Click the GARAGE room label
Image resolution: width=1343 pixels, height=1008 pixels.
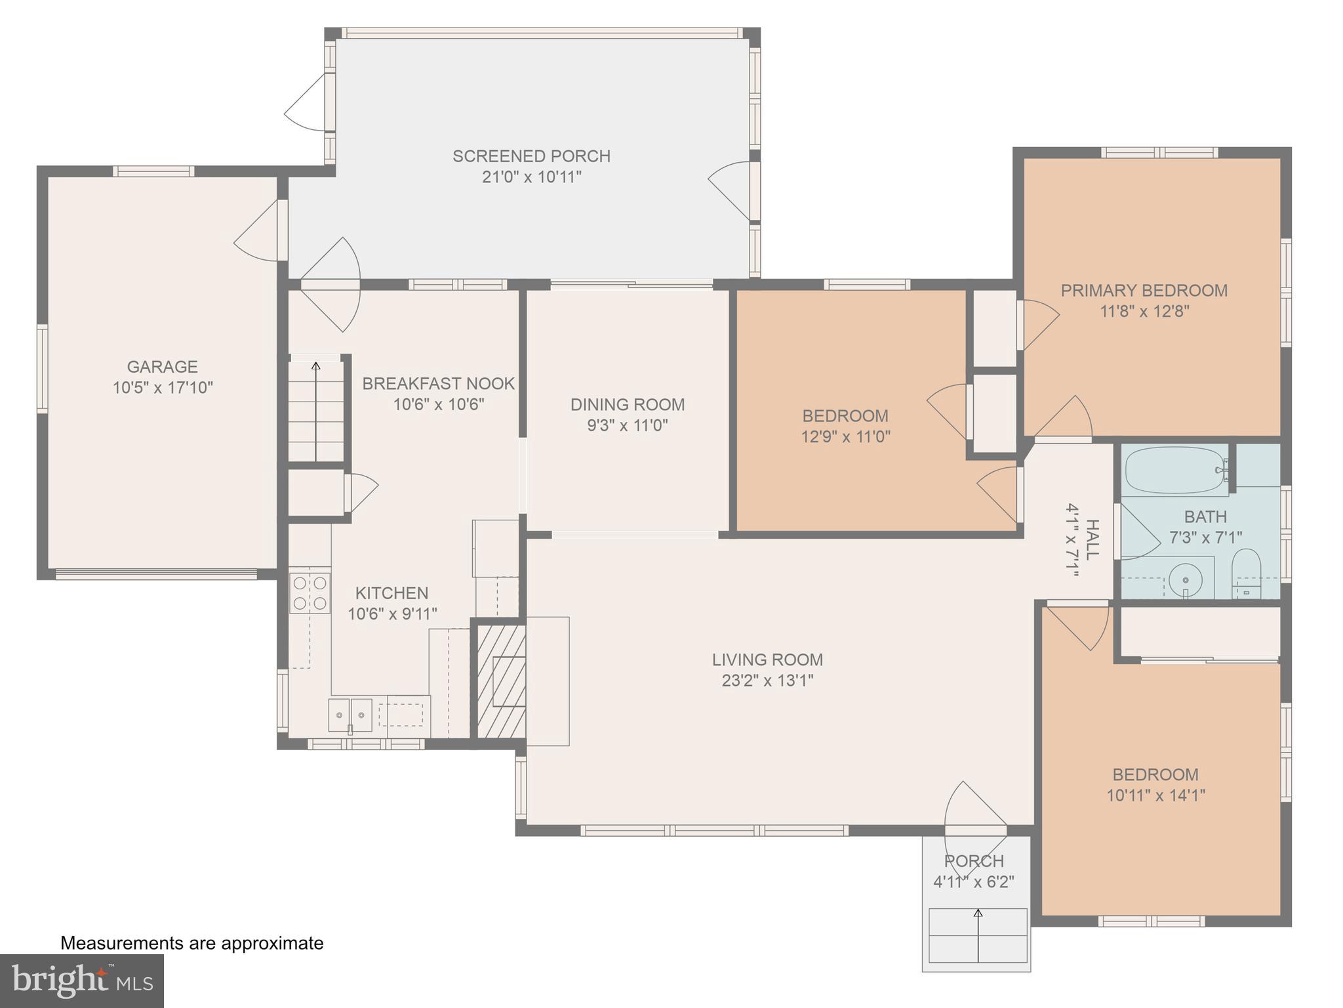tap(162, 366)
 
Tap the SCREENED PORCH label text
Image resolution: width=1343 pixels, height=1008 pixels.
tap(531, 156)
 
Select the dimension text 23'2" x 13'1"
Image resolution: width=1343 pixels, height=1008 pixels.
tap(767, 681)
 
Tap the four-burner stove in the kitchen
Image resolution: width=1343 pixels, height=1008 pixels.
tap(310, 593)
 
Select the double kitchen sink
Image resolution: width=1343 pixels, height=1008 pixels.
tap(350, 714)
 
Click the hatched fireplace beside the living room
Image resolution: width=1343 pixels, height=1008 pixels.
tap(501, 681)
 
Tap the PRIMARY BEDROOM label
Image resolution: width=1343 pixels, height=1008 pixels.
tap(1144, 290)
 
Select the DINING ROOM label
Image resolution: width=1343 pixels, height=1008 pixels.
tap(627, 404)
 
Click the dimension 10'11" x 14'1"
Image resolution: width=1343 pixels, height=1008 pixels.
tap(1155, 795)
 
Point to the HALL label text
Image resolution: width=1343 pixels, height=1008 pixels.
tap(1091, 539)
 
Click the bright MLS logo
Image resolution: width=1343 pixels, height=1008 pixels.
tap(81, 980)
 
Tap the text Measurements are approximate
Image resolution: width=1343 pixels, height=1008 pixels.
tap(192, 943)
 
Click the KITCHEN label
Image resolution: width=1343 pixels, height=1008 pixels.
tap(391, 593)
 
